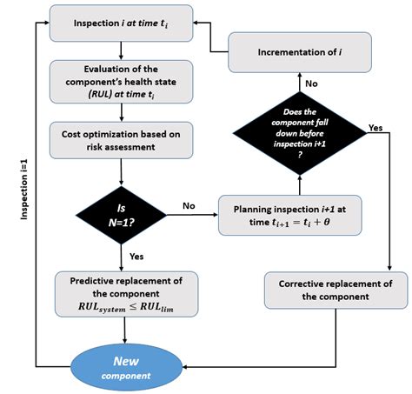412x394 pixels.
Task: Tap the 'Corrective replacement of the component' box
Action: [x=336, y=290]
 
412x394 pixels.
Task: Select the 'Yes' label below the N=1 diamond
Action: [x=136, y=258]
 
